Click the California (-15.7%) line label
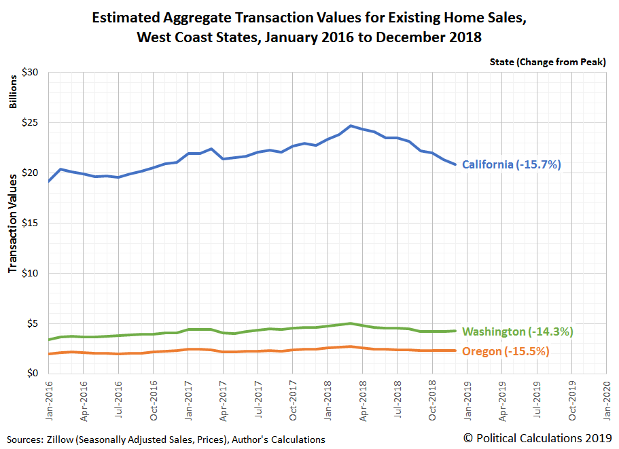pos(512,164)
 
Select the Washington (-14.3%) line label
pos(518,331)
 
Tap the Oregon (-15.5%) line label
pos(506,351)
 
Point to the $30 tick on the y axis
pos(33,73)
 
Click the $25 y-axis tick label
pos(33,123)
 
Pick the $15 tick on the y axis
pos(33,223)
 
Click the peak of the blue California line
pos(350,126)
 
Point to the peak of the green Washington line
pos(350,323)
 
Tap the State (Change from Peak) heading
pos(547,62)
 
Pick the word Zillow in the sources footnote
pos(63,439)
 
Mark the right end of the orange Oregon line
pos(455,351)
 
